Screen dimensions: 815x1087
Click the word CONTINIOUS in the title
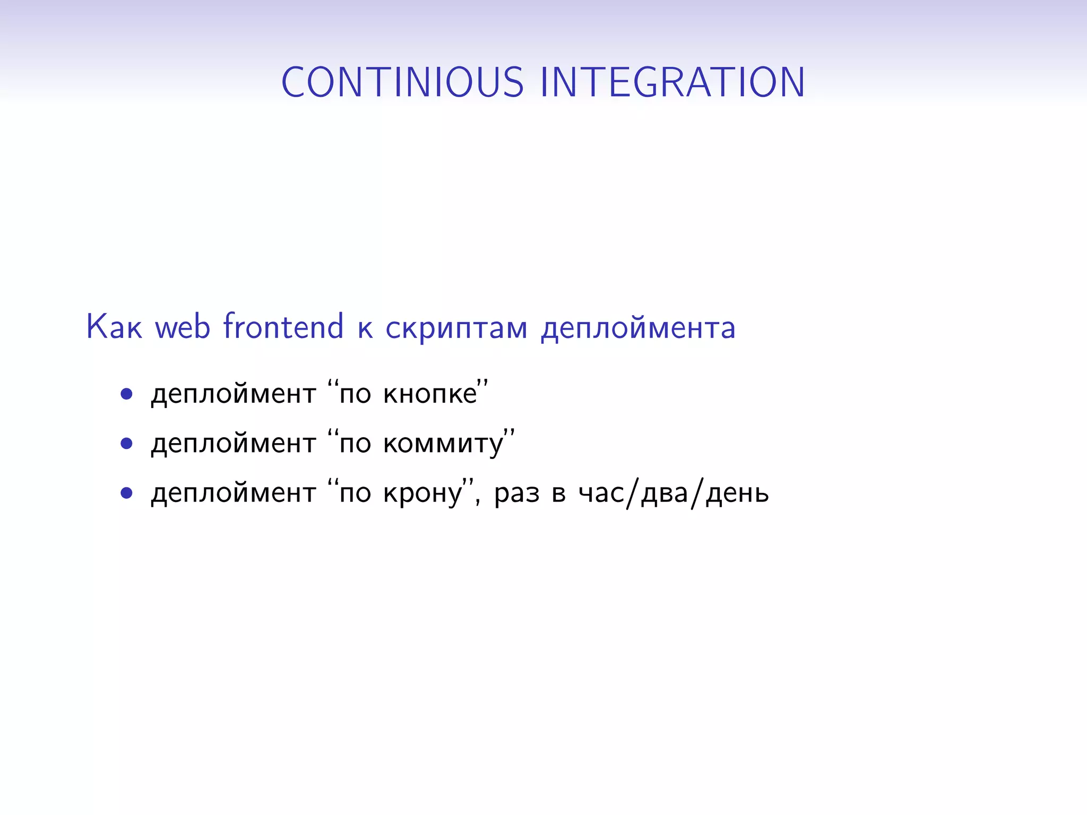pyautogui.click(x=402, y=82)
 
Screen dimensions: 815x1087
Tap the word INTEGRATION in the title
pyautogui.click(x=672, y=82)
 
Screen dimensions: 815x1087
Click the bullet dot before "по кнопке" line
pyautogui.click(x=126, y=394)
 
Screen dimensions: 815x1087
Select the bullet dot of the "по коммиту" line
pyautogui.click(x=126, y=443)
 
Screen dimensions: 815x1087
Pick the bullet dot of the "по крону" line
pyautogui.click(x=126, y=493)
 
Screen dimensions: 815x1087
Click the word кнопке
pyautogui.click(x=430, y=394)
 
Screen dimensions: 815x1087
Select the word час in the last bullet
pyautogui.click(x=601, y=493)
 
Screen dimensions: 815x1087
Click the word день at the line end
pyautogui.click(x=737, y=493)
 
